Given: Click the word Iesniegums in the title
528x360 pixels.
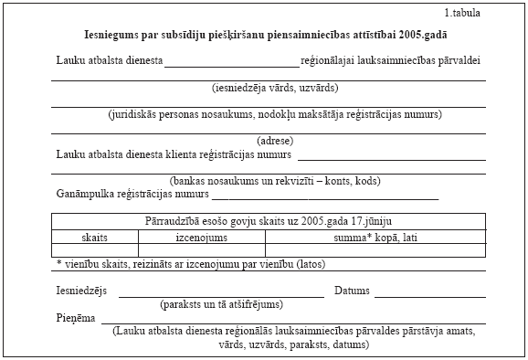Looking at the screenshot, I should point(114,36).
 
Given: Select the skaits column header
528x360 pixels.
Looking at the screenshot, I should point(95,236).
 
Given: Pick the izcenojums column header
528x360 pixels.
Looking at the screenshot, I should point(201,236).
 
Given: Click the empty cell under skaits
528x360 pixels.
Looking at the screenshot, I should point(95,249).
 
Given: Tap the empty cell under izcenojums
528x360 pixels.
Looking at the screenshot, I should point(201,249).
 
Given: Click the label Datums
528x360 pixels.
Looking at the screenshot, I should point(352,291).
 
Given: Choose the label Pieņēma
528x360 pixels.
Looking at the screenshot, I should point(75,318).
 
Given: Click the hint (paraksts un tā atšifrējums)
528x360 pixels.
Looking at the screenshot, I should point(221,303).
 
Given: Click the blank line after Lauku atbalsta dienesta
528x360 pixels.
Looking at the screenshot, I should point(232,66).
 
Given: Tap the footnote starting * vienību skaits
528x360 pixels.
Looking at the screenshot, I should point(190,264).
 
